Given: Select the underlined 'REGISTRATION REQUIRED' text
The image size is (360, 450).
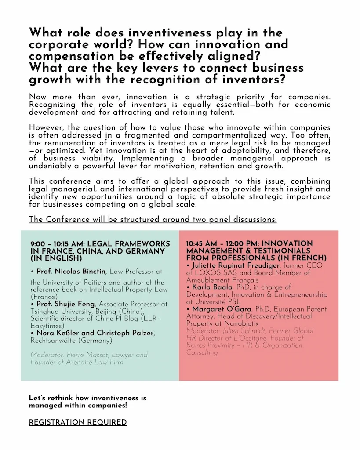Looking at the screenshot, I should (x=78, y=422).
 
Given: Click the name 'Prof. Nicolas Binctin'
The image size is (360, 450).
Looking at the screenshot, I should (x=69, y=272).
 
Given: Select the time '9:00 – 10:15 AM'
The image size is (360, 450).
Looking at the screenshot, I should (x=57, y=244).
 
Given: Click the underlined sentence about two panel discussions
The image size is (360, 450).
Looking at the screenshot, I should (x=153, y=219).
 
